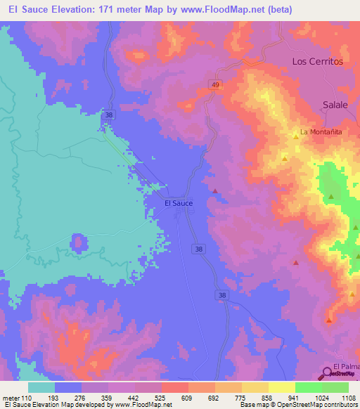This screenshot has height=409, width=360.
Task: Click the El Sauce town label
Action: click(178, 202)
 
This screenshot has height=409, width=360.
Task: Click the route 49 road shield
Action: click(212, 84)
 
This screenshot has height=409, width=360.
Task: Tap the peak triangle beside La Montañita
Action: click(295, 136)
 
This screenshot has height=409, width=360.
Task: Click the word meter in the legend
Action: click(12, 397)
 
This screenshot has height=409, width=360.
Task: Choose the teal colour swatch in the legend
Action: click(41, 387)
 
